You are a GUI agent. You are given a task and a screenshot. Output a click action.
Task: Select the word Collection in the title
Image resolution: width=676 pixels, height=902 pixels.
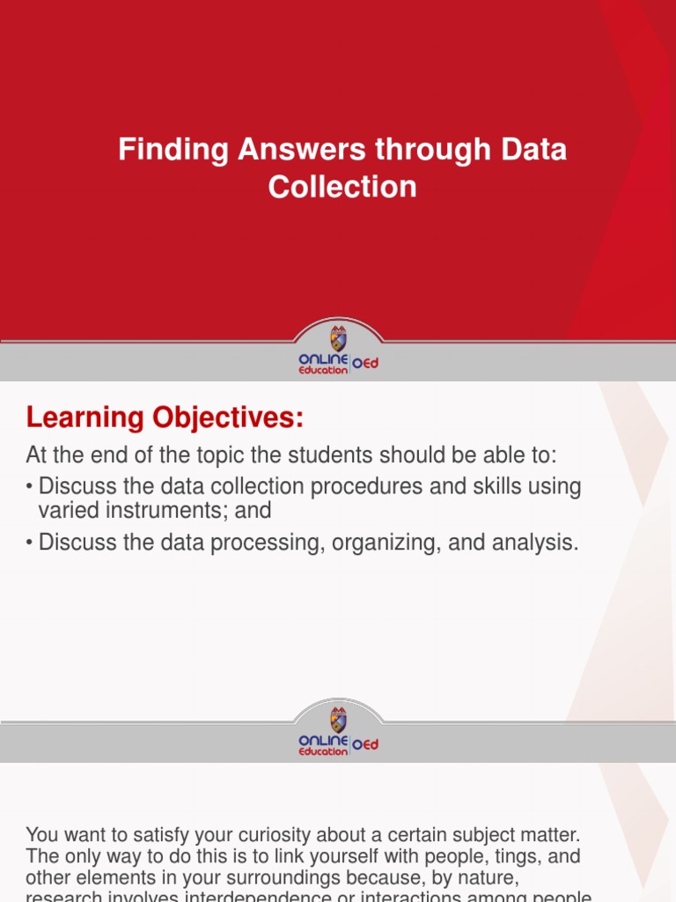click(x=342, y=187)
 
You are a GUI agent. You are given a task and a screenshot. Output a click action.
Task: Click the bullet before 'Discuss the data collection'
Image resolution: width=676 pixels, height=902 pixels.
click(x=30, y=487)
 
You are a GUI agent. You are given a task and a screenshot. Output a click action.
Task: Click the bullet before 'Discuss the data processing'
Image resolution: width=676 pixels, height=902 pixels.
click(x=30, y=543)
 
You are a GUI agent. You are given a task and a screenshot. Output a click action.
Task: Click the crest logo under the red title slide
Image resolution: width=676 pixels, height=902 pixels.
click(x=338, y=338)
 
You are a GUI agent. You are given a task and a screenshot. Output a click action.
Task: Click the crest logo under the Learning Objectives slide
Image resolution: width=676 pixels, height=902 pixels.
click(x=338, y=719)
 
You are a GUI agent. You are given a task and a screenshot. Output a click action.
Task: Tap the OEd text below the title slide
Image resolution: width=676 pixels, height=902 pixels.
click(x=365, y=364)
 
